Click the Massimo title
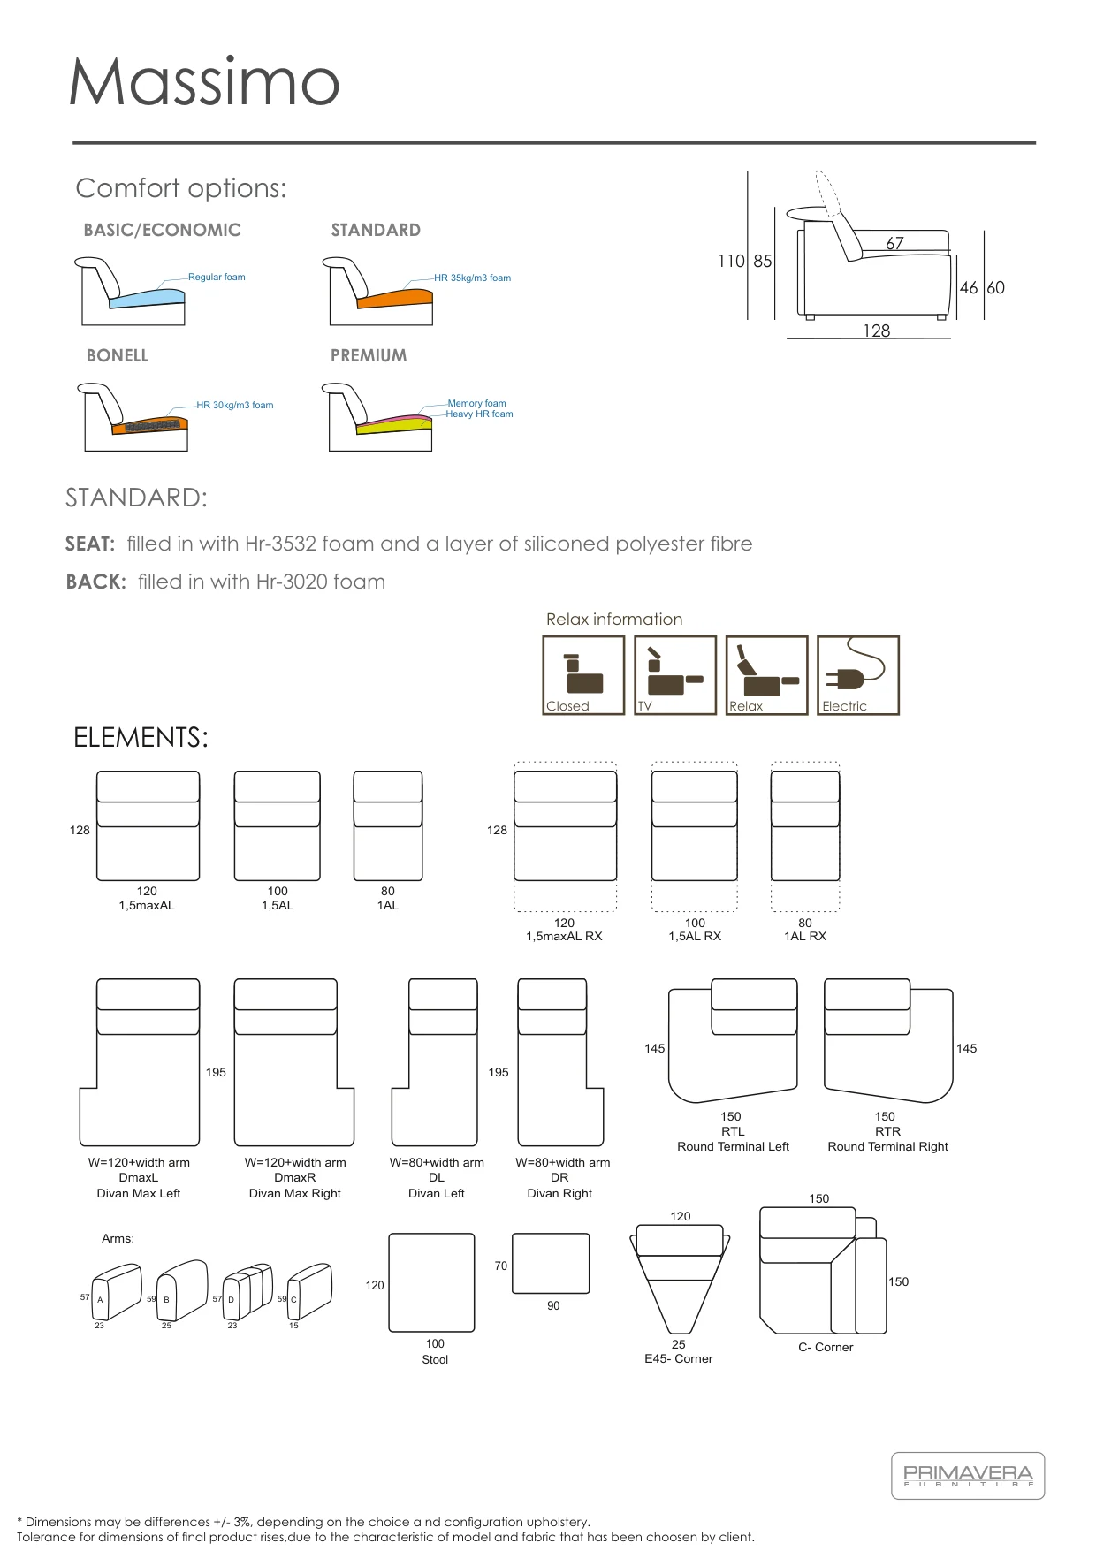point(204,81)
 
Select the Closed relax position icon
point(583,675)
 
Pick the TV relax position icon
point(675,675)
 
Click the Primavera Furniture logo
point(968,1475)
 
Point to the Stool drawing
point(431,1282)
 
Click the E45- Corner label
point(678,1358)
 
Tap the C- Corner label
point(826,1347)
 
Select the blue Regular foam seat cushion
point(147,298)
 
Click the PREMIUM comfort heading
point(369,355)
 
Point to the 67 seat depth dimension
point(894,243)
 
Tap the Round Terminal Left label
point(733,1146)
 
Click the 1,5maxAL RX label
point(564,936)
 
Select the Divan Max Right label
point(294,1193)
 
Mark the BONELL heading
point(118,355)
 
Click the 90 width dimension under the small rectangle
point(553,1305)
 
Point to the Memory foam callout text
point(476,403)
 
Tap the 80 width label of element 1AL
point(388,891)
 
